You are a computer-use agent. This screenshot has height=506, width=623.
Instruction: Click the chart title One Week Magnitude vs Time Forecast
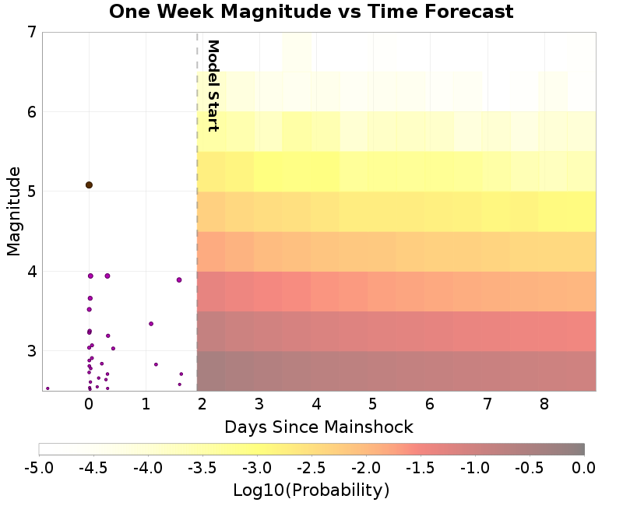311,12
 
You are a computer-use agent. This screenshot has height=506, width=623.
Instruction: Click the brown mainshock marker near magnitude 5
89,185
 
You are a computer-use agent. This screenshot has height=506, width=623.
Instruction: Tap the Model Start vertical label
212,86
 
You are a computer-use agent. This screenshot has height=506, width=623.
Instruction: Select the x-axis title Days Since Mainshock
319,427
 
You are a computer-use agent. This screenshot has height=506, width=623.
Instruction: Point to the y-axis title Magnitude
13,212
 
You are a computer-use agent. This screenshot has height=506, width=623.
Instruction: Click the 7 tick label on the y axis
31,33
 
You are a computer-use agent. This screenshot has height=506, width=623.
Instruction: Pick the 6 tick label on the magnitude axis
31,112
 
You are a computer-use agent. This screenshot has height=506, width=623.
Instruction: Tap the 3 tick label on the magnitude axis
31,351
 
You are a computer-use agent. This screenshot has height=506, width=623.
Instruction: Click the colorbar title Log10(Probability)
311,490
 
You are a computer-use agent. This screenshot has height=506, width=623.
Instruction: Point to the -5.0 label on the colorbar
39,468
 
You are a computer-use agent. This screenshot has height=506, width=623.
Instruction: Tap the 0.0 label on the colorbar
584,468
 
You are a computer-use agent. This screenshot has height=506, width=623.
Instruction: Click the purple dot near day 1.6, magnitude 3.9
179,280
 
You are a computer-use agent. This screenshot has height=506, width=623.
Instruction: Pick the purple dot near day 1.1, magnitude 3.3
151,324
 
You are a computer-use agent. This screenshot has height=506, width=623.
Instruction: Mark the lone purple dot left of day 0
48,388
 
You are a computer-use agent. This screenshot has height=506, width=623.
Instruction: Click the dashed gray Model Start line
197,234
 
